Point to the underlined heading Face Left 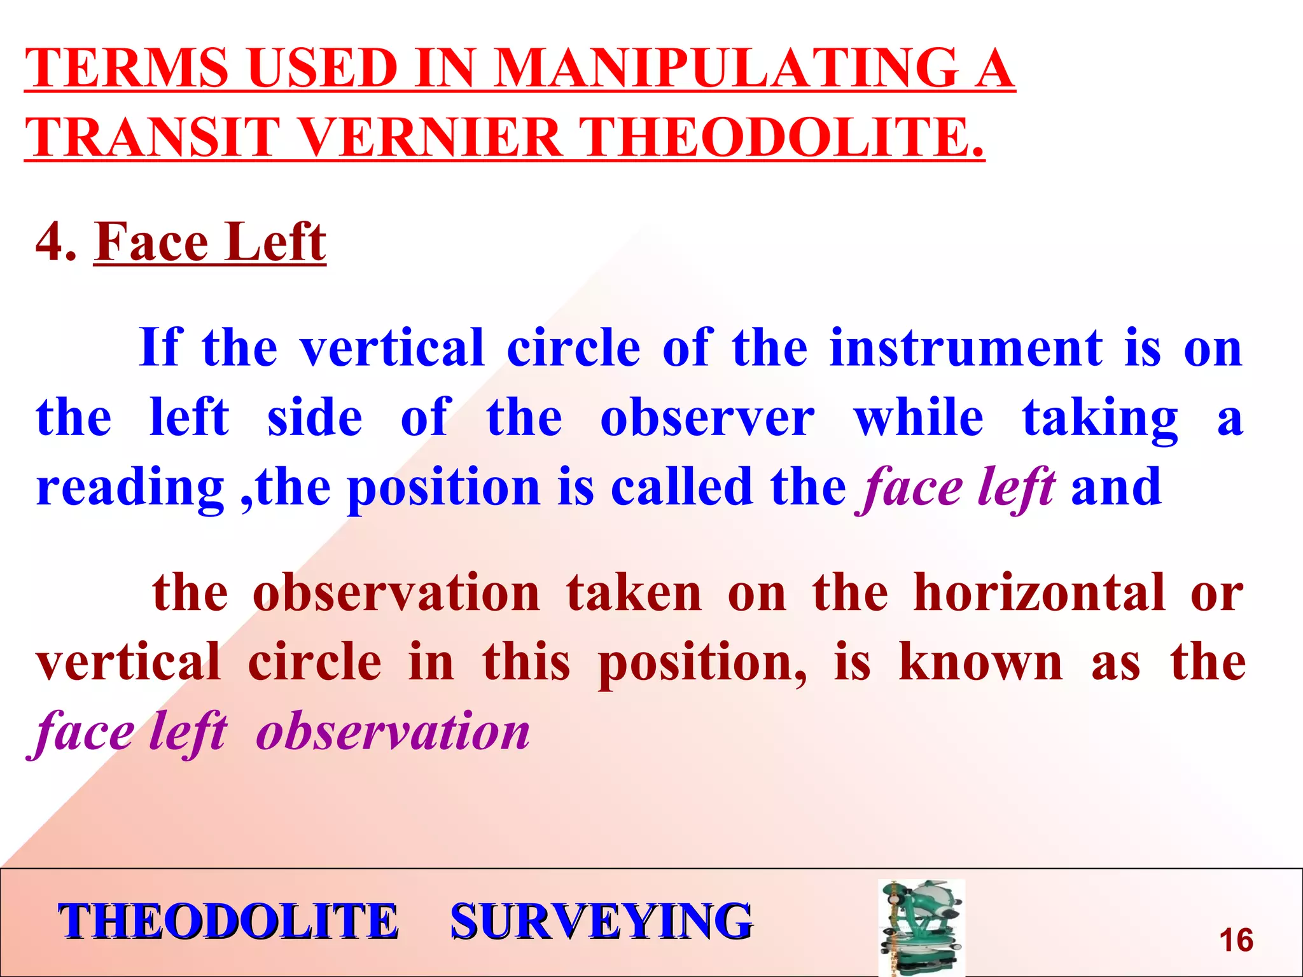[x=210, y=242]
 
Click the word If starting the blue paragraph [x=161, y=347]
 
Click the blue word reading [x=130, y=488]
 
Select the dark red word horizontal [x=1039, y=593]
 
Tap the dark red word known [x=980, y=663]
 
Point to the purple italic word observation [x=393, y=731]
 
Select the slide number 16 [x=1236, y=940]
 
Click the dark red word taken [x=634, y=593]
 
